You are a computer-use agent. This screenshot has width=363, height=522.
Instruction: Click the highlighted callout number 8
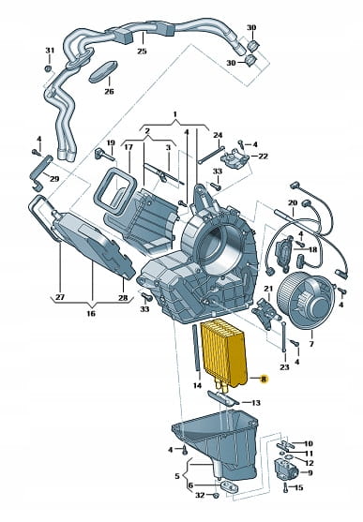pos(264,379)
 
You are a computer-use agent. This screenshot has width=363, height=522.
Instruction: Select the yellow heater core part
pos(224,354)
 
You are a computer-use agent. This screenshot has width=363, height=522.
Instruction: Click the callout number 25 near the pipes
pos(142,51)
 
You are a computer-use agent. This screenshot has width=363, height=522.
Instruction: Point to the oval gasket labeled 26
pos(103,71)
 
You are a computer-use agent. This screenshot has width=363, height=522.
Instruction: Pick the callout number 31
pos(50,51)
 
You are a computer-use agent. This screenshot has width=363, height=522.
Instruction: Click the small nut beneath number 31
pos(49,69)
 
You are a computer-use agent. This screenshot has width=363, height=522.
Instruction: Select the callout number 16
pos(91,313)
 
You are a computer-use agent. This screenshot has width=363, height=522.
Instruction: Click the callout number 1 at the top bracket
pos(175,114)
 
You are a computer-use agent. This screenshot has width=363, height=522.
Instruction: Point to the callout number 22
pos(263,156)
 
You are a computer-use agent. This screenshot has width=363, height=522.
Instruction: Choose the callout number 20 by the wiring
pos(293,202)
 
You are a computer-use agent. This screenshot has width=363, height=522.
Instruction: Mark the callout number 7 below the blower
pos(311,343)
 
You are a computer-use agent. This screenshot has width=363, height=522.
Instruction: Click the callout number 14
pos(197,385)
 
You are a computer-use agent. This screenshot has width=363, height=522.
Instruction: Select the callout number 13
pos(256,403)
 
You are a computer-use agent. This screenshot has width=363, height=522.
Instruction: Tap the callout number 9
pos(310,472)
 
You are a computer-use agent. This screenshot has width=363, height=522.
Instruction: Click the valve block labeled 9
pos(285,470)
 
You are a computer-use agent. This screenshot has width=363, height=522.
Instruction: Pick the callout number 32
pos(200,496)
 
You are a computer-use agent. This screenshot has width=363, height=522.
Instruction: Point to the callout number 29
pos(54,179)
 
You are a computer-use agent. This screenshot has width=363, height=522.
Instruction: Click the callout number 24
pos(218,135)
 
